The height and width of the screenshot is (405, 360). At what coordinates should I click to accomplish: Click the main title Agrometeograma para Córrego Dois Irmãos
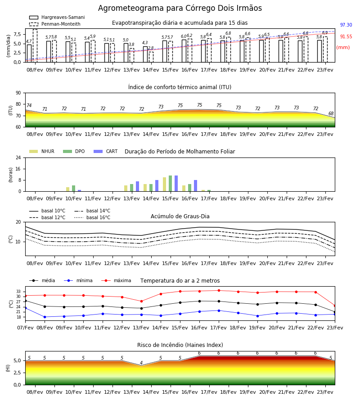(x=180, y=8)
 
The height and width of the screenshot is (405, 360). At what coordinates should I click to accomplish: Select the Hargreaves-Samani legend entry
(x=57, y=17)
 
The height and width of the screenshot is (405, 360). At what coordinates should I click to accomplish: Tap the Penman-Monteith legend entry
(x=55, y=24)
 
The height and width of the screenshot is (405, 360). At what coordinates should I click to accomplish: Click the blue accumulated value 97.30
(x=346, y=25)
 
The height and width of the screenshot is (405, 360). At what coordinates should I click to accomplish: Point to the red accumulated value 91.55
(x=346, y=37)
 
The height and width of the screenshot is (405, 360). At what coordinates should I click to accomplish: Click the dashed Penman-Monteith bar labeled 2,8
(x=151, y=57)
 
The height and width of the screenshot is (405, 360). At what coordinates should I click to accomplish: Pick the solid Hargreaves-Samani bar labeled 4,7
(x=29, y=54)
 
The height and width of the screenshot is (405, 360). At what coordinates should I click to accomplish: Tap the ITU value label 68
(x=331, y=113)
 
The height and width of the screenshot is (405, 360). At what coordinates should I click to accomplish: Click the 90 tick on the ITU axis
(x=18, y=93)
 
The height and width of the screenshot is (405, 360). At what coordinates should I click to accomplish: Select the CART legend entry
(x=106, y=151)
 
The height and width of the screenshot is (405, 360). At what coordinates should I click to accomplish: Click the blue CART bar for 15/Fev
(x=176, y=184)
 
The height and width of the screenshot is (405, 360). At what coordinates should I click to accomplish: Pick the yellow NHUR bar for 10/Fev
(x=67, y=189)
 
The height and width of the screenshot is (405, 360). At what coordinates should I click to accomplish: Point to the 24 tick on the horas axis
(x=18, y=157)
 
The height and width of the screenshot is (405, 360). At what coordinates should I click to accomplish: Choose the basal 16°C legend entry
(x=92, y=217)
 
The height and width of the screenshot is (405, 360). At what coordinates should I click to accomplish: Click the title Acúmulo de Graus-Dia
(x=180, y=216)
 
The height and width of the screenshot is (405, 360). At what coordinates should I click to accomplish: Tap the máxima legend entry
(x=116, y=280)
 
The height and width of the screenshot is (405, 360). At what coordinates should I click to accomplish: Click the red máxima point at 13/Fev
(x=141, y=301)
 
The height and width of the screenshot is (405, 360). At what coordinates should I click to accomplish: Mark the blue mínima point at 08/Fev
(x=45, y=317)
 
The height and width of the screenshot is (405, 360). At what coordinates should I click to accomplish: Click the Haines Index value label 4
(x=141, y=363)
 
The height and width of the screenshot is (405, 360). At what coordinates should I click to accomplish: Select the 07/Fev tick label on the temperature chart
(x=25, y=328)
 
